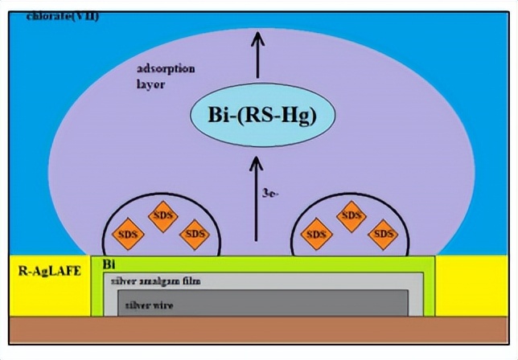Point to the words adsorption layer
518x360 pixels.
click(x=166, y=76)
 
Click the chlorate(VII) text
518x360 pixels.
click(x=63, y=16)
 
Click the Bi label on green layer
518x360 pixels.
click(x=108, y=264)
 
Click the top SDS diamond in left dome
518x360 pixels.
click(x=162, y=218)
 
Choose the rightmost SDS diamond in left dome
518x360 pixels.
click(x=193, y=234)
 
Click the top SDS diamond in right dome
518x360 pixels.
click(x=351, y=215)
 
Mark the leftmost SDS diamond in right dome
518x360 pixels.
click(x=315, y=234)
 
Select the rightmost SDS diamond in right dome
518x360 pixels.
click(x=383, y=234)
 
